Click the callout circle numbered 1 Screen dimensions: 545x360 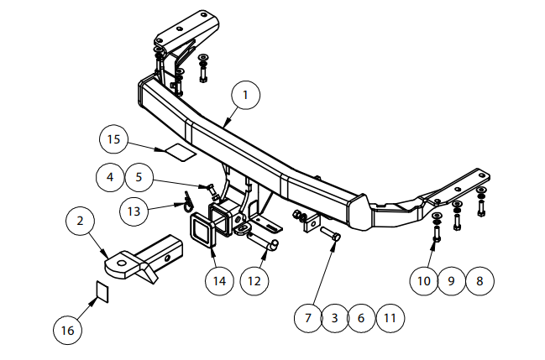[246, 95]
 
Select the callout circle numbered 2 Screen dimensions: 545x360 [81, 221]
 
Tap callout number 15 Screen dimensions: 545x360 [113, 139]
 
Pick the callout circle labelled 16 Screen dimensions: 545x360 [68, 330]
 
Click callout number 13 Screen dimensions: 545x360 [134, 211]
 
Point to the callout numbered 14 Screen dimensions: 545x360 [220, 281]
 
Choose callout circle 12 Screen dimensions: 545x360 [254, 281]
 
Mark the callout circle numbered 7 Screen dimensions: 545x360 [308, 318]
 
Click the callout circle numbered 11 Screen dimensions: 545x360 [390, 318]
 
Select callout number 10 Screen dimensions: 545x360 [424, 281]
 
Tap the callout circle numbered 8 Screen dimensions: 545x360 [479, 281]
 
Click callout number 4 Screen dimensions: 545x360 [110, 177]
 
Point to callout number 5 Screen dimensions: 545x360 [139, 177]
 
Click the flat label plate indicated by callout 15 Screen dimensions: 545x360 [180, 152]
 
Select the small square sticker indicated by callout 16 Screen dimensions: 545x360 [102, 291]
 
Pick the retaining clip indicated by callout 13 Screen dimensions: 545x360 [187, 202]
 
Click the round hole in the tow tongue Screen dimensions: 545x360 [122, 263]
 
